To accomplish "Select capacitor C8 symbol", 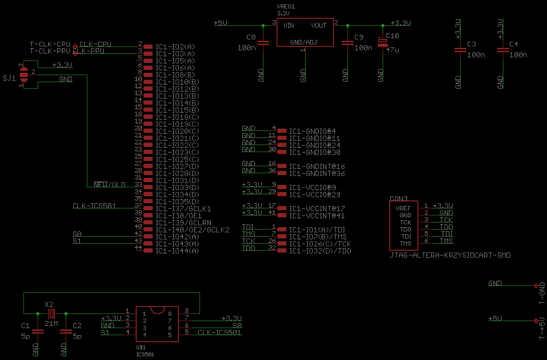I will [263, 43].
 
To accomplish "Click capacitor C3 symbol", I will [458, 50].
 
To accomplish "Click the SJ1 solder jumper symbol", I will [24, 75].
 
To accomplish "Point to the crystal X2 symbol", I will [52, 314].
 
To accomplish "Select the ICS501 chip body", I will [157, 324].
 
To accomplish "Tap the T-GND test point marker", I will [536, 285].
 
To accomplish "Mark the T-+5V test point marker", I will [536, 321].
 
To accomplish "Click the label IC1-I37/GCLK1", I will [183, 208].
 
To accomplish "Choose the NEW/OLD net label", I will [109, 184].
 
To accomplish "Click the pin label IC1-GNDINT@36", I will [317, 174].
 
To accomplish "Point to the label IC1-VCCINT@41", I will [317, 216].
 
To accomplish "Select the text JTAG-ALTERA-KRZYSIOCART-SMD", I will [450, 256].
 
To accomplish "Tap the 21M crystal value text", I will [51, 324].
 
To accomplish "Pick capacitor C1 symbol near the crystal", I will [38, 332].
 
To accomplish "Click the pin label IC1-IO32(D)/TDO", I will [320, 251].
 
